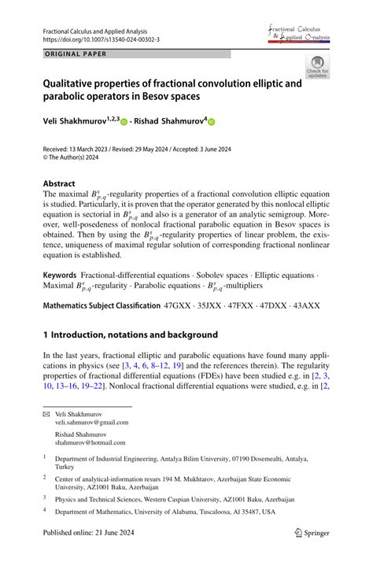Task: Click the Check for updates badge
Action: point(317,67)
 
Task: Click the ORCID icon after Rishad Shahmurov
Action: point(211,122)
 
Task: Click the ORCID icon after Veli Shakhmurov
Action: point(124,122)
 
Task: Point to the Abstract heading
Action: point(59,182)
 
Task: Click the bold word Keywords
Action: point(60,276)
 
